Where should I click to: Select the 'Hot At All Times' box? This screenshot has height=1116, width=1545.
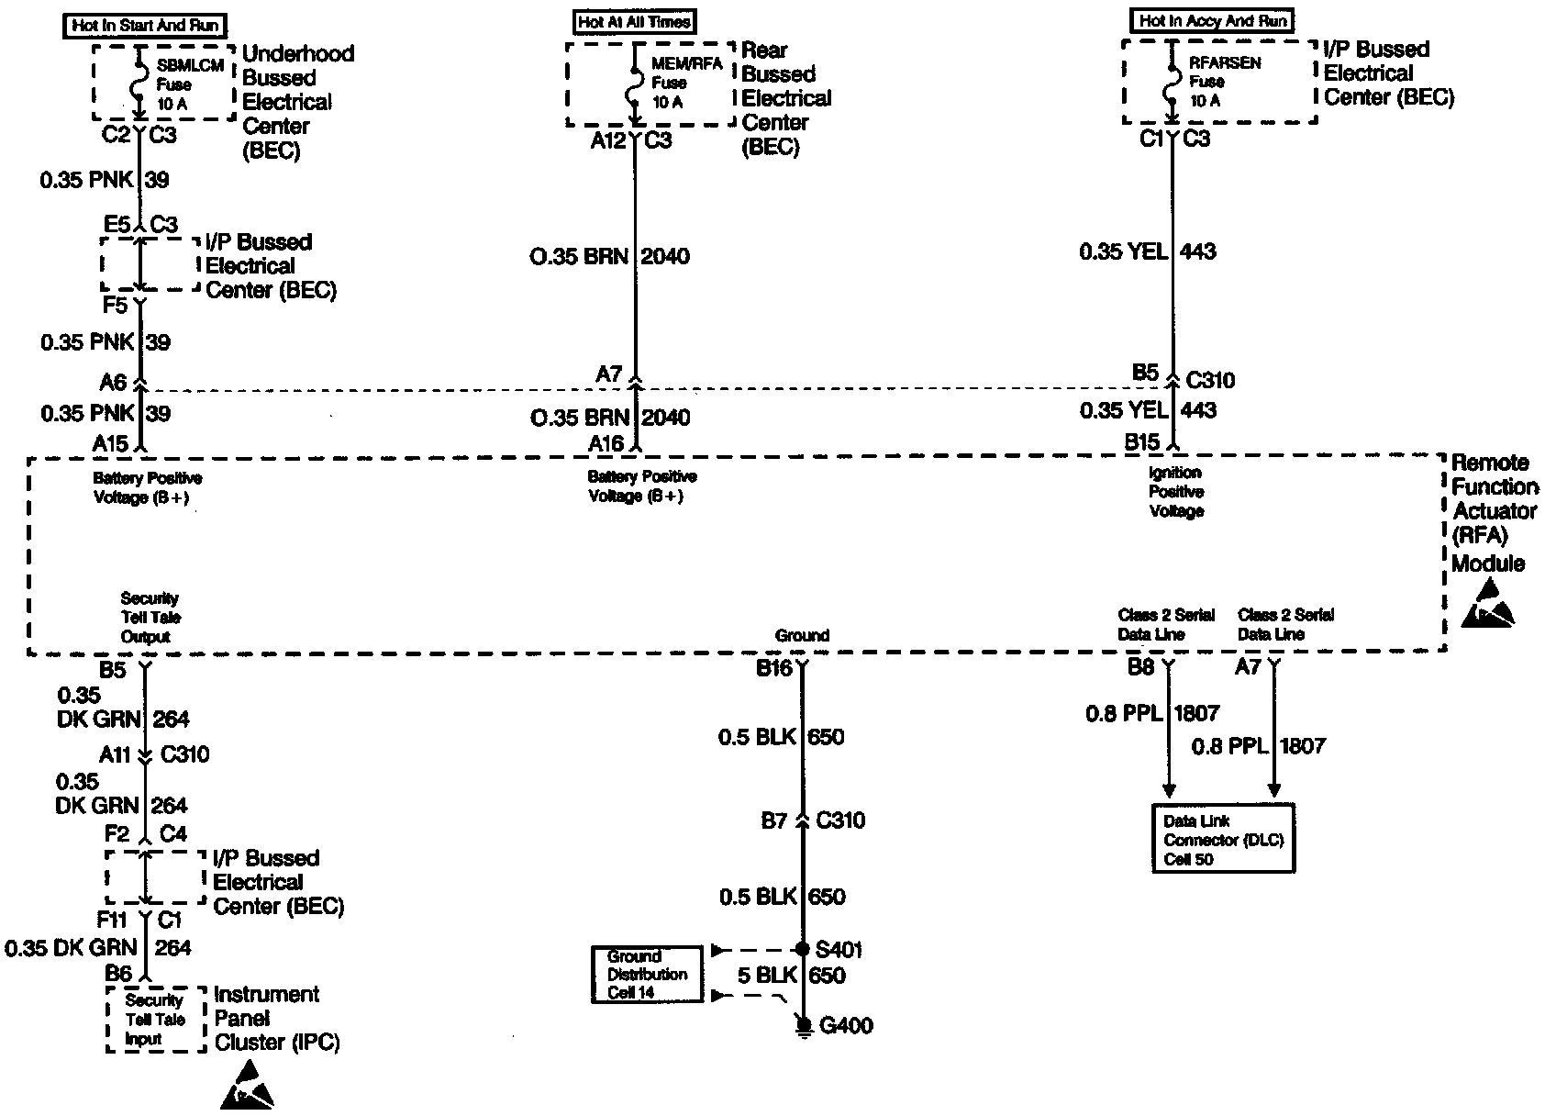[635, 22]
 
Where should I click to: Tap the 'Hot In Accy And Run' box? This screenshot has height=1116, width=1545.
[1213, 21]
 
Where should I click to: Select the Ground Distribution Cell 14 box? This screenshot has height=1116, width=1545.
[647, 975]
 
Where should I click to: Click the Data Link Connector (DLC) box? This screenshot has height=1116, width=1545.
[1223, 839]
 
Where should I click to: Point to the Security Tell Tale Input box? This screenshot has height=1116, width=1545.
[155, 1020]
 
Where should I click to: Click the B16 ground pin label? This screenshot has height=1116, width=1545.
[773, 668]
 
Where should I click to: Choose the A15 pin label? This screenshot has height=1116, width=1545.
[110, 443]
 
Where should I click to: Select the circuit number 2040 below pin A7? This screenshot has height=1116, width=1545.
[665, 417]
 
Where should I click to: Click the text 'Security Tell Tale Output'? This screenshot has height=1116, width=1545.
[150, 618]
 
